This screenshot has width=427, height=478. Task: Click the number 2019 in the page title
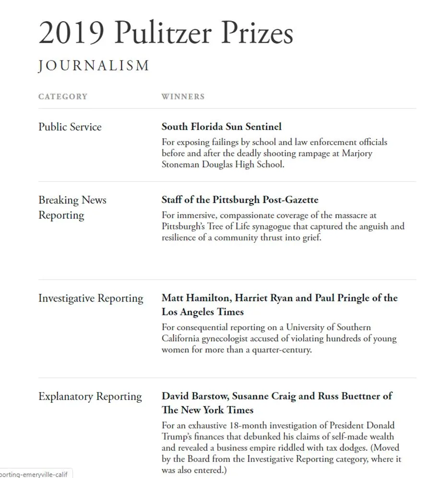click(71, 34)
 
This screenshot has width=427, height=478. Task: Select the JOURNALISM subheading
click(94, 66)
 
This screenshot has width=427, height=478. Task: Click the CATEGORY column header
click(63, 96)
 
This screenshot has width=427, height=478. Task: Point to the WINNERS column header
click(183, 96)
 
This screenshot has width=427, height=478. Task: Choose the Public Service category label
click(70, 127)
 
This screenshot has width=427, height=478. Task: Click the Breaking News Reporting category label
click(72, 207)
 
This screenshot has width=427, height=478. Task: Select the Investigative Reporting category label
click(91, 299)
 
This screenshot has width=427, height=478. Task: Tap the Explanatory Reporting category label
click(90, 397)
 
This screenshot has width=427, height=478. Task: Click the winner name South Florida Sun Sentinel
click(221, 127)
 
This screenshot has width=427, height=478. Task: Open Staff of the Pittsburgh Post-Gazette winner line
click(240, 200)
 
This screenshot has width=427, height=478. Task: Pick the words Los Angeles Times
click(202, 312)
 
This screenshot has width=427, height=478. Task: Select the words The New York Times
click(207, 410)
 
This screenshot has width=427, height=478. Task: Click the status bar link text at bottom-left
click(35, 474)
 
